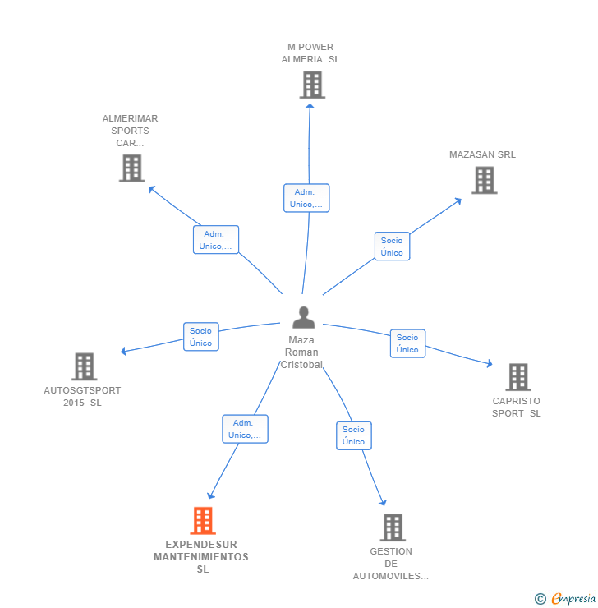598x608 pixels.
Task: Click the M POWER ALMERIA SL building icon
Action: pyautogui.click(x=312, y=85)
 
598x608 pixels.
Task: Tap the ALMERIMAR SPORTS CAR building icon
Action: pyautogui.click(x=131, y=168)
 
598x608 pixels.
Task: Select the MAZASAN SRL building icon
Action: pyautogui.click(x=485, y=180)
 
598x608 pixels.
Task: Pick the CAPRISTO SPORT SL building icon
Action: pyautogui.click(x=518, y=377)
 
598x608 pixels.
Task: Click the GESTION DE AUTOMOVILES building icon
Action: pyautogui.click(x=393, y=527)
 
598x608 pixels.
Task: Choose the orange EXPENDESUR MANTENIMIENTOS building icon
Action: pyautogui.click(x=203, y=521)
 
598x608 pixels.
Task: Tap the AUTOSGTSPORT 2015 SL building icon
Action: pyautogui.click(x=84, y=366)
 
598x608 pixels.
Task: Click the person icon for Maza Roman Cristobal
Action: pyautogui.click(x=304, y=317)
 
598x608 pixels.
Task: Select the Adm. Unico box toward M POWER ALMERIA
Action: pyautogui.click(x=306, y=198)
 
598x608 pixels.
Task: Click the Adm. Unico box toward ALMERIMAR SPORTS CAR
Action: pyautogui.click(x=216, y=240)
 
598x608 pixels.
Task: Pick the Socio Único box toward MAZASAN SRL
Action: pyautogui.click(x=392, y=246)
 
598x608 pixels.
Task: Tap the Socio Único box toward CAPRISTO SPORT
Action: pyautogui.click(x=407, y=343)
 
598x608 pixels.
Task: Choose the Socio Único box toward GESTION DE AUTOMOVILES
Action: pyautogui.click(x=353, y=435)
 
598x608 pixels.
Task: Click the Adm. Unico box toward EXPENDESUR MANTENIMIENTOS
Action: pyautogui.click(x=245, y=429)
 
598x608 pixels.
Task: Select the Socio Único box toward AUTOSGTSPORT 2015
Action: pyautogui.click(x=200, y=337)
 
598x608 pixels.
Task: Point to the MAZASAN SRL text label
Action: pyautogui.click(x=482, y=154)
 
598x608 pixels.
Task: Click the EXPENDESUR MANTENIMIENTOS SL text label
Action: pyautogui.click(x=201, y=556)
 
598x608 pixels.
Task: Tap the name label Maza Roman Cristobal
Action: pyautogui.click(x=301, y=352)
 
